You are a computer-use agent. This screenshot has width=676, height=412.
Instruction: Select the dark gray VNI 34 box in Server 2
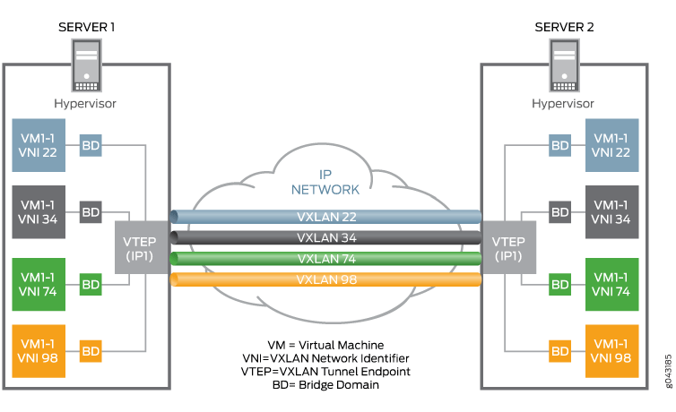pos(611,211)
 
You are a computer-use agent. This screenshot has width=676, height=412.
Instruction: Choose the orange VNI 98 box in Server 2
pos(611,350)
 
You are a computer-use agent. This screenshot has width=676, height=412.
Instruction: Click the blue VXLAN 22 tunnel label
pos(326,218)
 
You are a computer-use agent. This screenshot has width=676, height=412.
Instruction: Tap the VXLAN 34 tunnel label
pos(326,238)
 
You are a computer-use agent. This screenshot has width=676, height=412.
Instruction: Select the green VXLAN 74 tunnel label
pos(326,259)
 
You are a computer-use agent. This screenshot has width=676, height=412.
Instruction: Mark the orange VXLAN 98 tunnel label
pos(326,279)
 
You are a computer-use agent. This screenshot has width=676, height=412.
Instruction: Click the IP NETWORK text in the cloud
pos(326,182)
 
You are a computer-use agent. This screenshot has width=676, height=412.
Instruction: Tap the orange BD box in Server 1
pos(91,351)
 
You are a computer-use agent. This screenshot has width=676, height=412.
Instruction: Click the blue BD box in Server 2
pos(559,145)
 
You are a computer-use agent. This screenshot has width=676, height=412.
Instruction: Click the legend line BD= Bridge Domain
pos(324,384)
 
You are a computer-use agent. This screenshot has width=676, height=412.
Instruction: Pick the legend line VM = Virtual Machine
pos(325,345)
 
